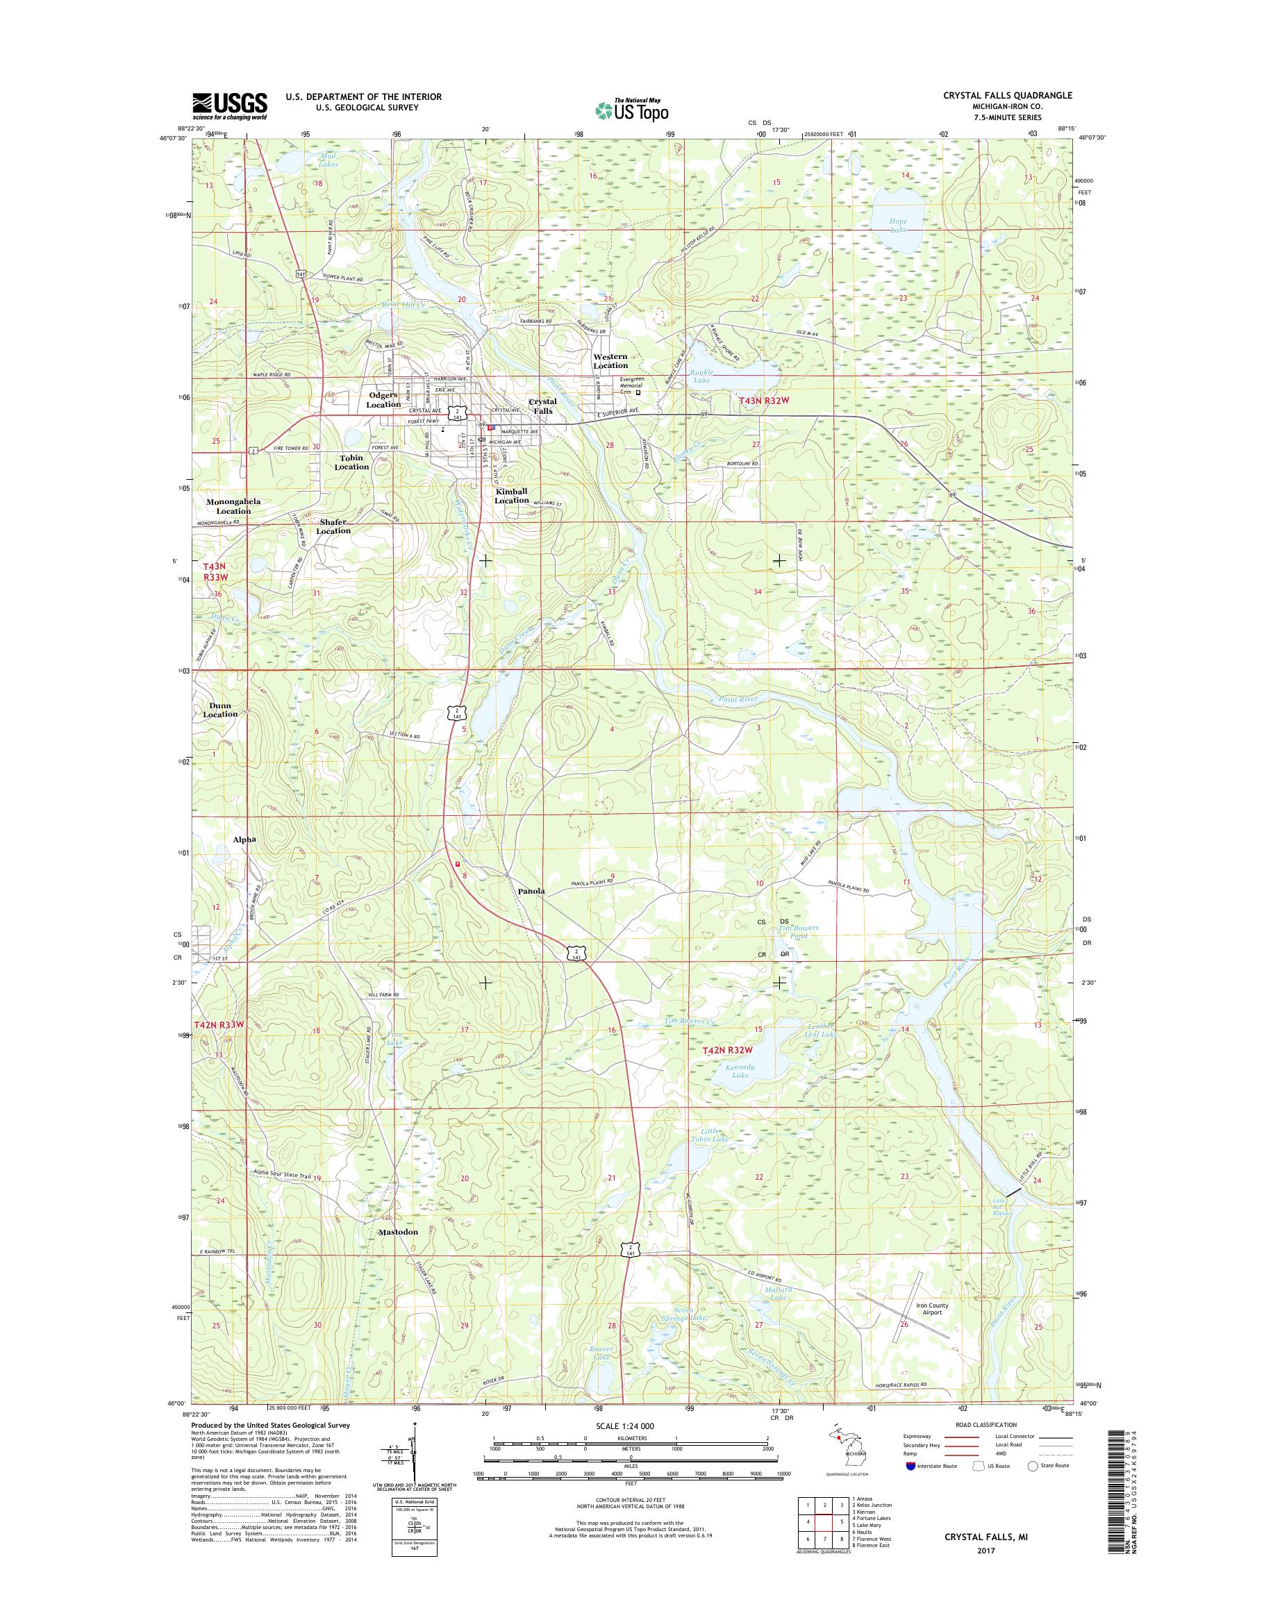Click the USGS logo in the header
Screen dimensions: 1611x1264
click(x=229, y=106)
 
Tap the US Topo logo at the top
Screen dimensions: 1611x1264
click(x=632, y=110)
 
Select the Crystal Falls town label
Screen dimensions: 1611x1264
click(x=542, y=406)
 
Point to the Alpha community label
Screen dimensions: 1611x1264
click(x=244, y=840)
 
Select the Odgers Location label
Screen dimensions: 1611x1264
click(x=384, y=399)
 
